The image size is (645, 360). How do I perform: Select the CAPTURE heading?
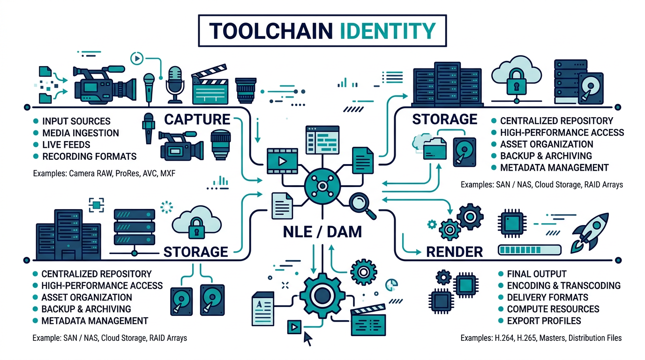click(197, 119)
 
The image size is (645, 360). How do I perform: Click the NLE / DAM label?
click(322, 231)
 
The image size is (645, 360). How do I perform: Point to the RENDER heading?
click(454, 252)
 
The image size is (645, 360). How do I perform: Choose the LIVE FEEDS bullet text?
click(66, 145)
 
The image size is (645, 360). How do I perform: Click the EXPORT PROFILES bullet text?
click(544, 321)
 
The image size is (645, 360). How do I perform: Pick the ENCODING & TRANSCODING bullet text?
click(563, 285)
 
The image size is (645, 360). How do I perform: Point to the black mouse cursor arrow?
click(308, 338)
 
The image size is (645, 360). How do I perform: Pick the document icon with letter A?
click(262, 308)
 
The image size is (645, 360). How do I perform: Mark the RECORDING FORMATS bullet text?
click(89, 157)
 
